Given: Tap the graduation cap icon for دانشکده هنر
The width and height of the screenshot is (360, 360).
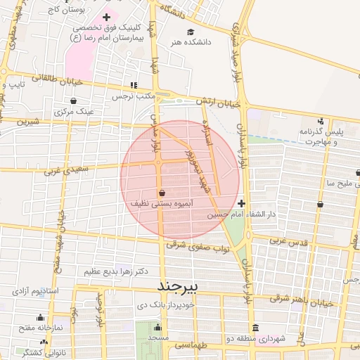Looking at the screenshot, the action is (x=191, y=32).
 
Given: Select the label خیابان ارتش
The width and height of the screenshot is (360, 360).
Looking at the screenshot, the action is (x=222, y=103).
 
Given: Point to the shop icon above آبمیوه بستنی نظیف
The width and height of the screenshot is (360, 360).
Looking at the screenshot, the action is (x=162, y=192).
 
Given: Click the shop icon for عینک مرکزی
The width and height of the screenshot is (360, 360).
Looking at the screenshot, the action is (x=55, y=110).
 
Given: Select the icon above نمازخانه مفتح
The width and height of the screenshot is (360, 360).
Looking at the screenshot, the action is (x=40, y=317).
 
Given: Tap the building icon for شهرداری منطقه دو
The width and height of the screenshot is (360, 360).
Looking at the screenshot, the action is (x=255, y=328).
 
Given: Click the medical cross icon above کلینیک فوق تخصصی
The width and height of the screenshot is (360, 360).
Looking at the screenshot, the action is (x=106, y=17).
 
